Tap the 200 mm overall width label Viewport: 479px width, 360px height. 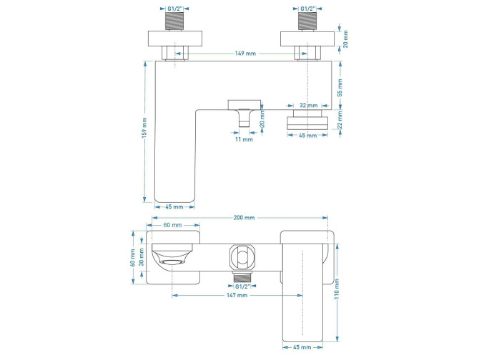click(x=243, y=217)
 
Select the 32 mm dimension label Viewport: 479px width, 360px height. click(x=308, y=105)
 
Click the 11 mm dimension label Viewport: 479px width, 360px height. click(x=244, y=139)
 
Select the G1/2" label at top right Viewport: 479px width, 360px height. click(x=308, y=7)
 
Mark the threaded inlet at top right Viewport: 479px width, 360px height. click(x=308, y=21)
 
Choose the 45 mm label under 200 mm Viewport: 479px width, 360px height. click(x=174, y=206)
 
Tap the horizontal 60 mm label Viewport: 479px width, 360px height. click(x=172, y=224)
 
